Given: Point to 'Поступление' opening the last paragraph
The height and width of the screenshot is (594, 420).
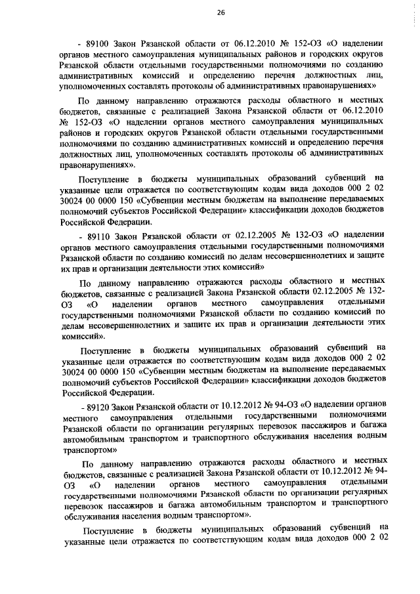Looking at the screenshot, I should tap(107, 528).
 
